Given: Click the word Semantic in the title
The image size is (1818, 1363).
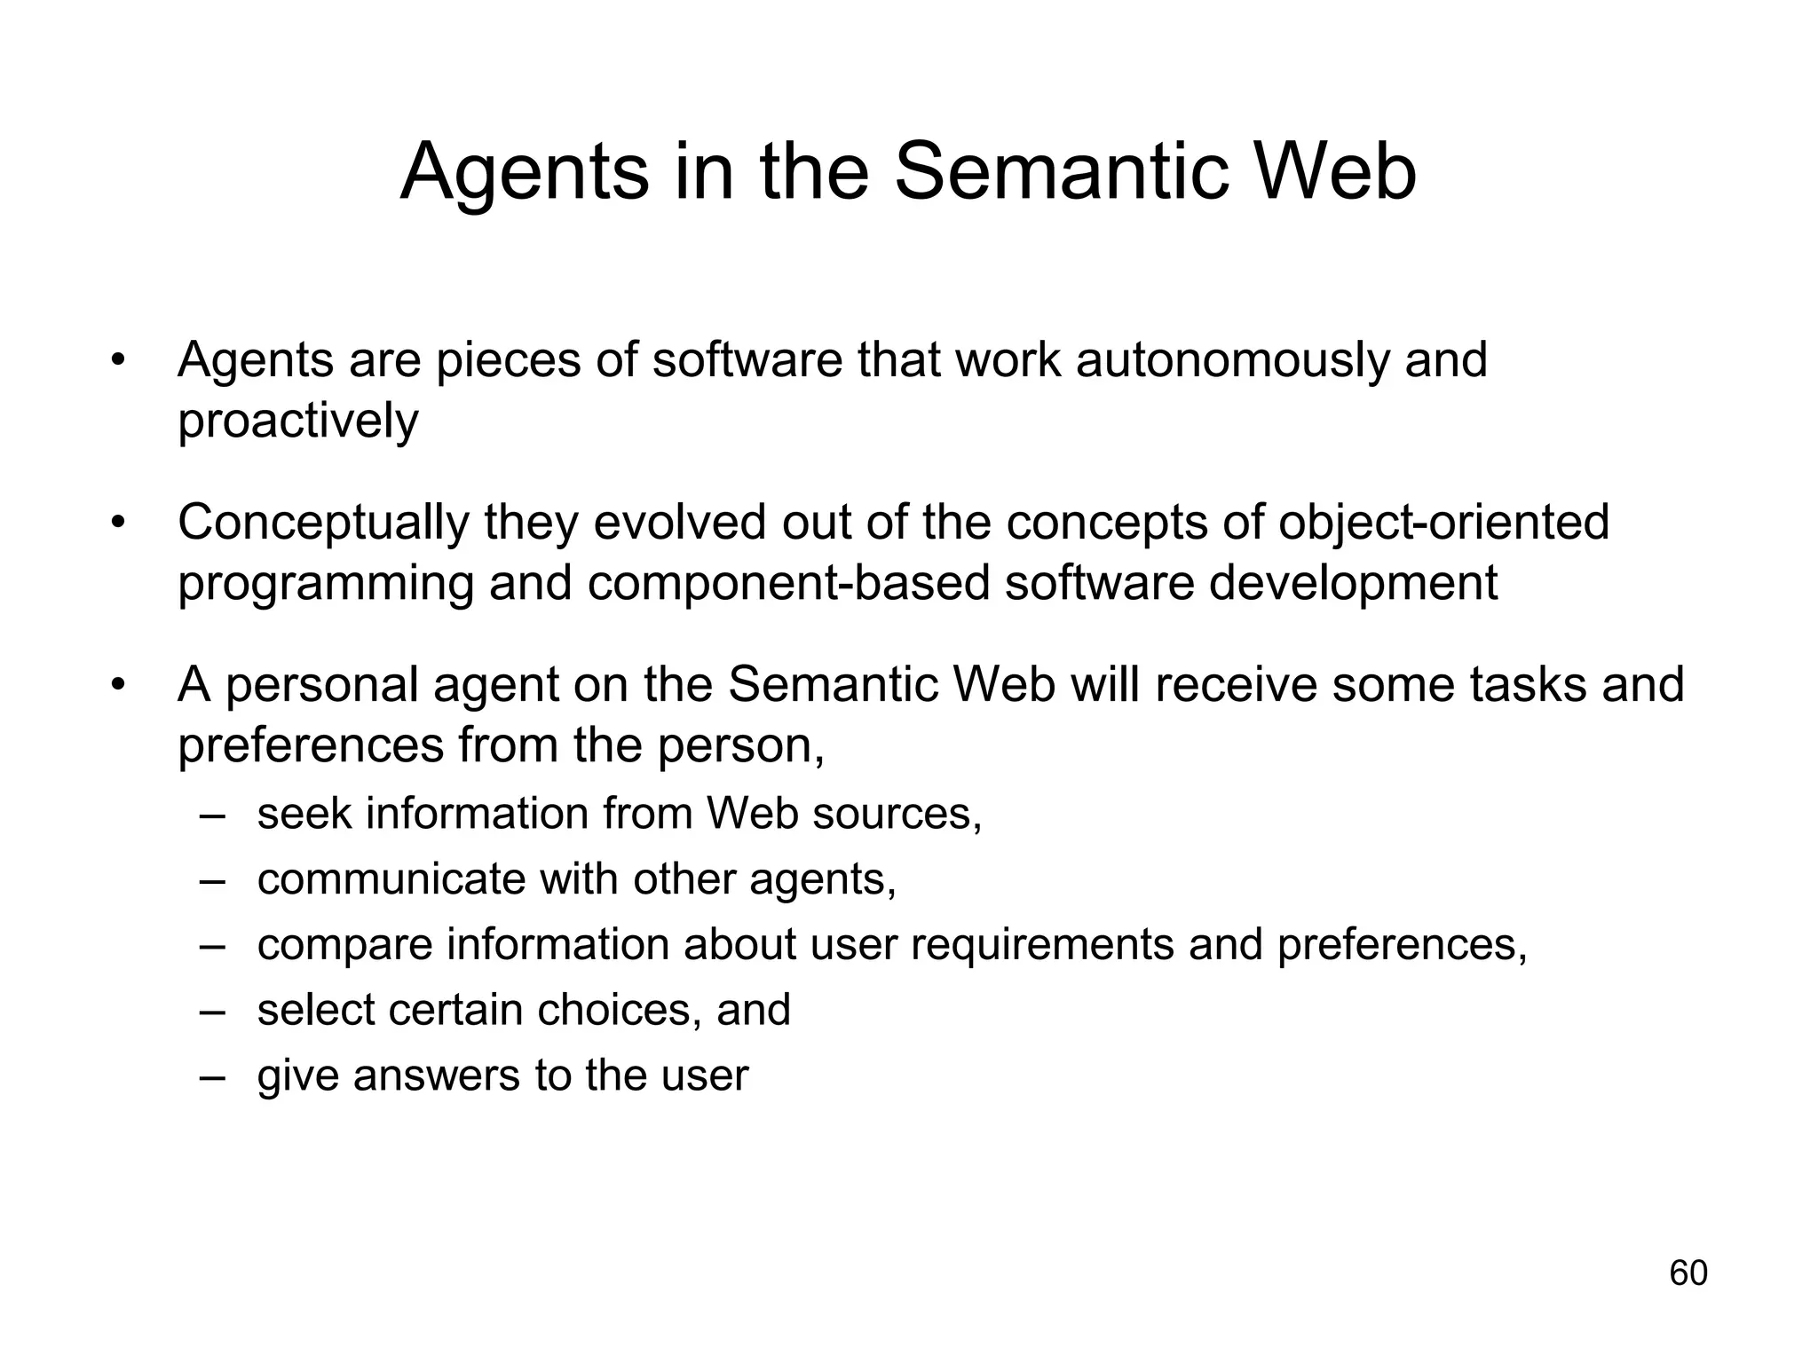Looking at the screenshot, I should click(1053, 172).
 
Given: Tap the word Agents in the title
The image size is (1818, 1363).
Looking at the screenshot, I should click(525, 174).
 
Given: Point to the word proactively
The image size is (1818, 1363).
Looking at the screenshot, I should click(297, 422).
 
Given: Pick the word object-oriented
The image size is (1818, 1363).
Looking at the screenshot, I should click(1443, 524).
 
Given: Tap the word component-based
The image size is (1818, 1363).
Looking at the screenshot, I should click(787, 584).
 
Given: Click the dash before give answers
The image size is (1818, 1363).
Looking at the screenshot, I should click(213, 1075).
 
